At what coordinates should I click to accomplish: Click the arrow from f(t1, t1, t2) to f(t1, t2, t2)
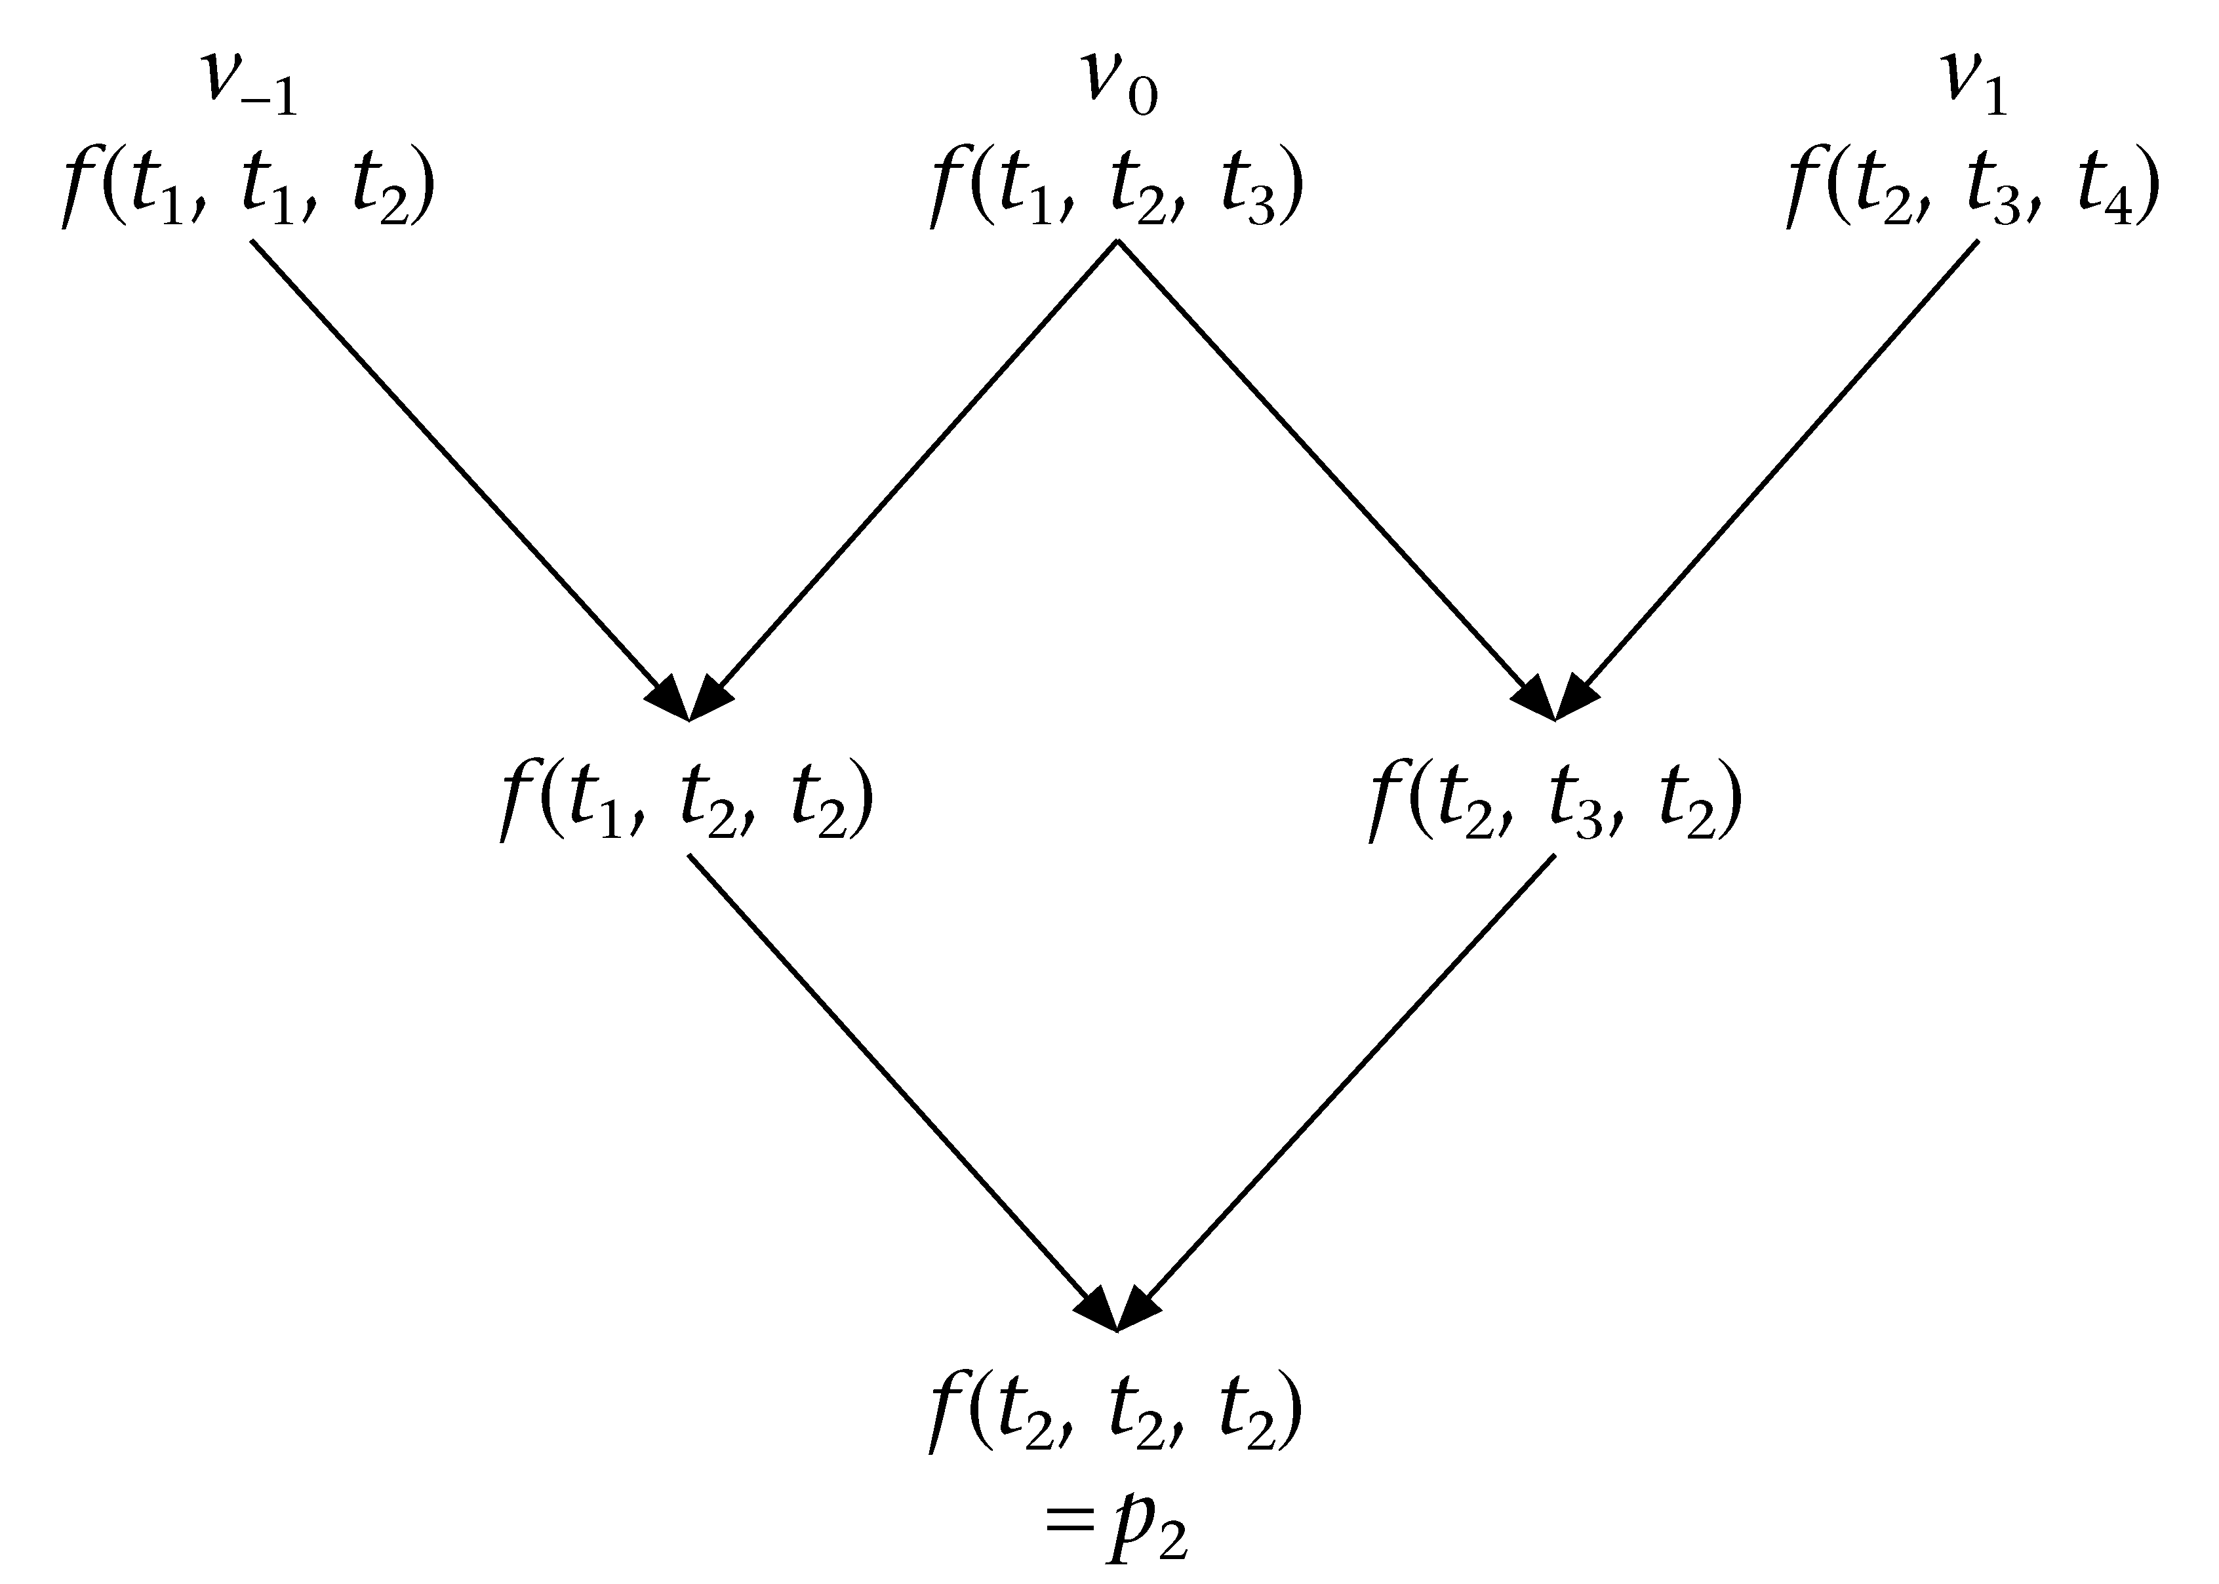468,478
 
